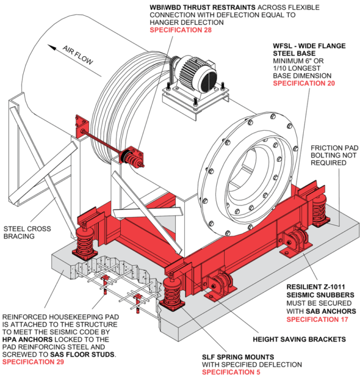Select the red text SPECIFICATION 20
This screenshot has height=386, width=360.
pyautogui.click(x=303, y=83)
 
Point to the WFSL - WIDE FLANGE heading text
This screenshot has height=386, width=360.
pyautogui.click(x=309, y=46)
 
